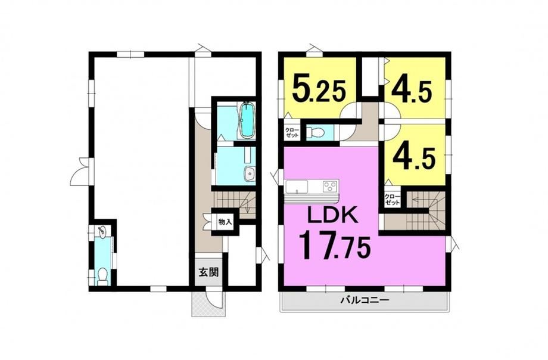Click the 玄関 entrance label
[208, 272]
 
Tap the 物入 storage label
[225, 222]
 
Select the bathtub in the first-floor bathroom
[247, 120]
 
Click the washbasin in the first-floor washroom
[250, 174]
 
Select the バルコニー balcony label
[365, 300]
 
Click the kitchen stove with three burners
[330, 185]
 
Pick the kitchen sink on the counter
[297, 186]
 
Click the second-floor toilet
[315, 132]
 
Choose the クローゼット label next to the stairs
[392, 200]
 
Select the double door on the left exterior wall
[80, 171]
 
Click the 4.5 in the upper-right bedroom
[412, 92]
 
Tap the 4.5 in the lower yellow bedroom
[414, 159]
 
